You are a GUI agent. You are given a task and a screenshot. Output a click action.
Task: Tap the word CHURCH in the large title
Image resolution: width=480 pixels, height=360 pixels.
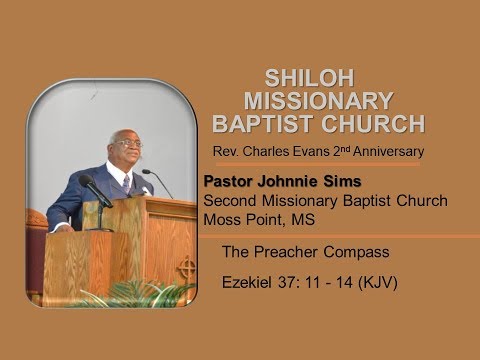click(370, 124)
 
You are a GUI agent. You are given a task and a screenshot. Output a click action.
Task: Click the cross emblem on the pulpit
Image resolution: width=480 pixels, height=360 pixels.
click(185, 268)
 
